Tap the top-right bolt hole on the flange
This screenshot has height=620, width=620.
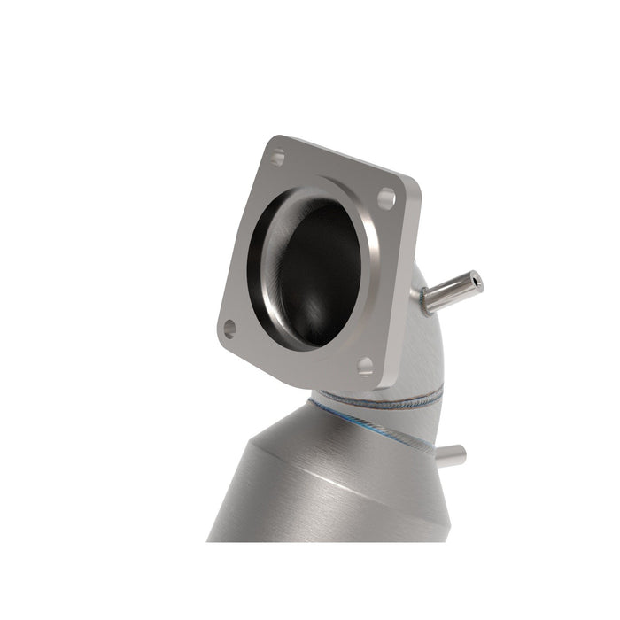click(386, 198)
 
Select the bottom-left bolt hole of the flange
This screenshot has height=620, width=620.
click(230, 329)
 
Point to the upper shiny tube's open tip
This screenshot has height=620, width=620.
click(477, 283)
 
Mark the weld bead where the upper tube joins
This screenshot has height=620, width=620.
click(422, 302)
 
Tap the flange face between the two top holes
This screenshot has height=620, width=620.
click(332, 177)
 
